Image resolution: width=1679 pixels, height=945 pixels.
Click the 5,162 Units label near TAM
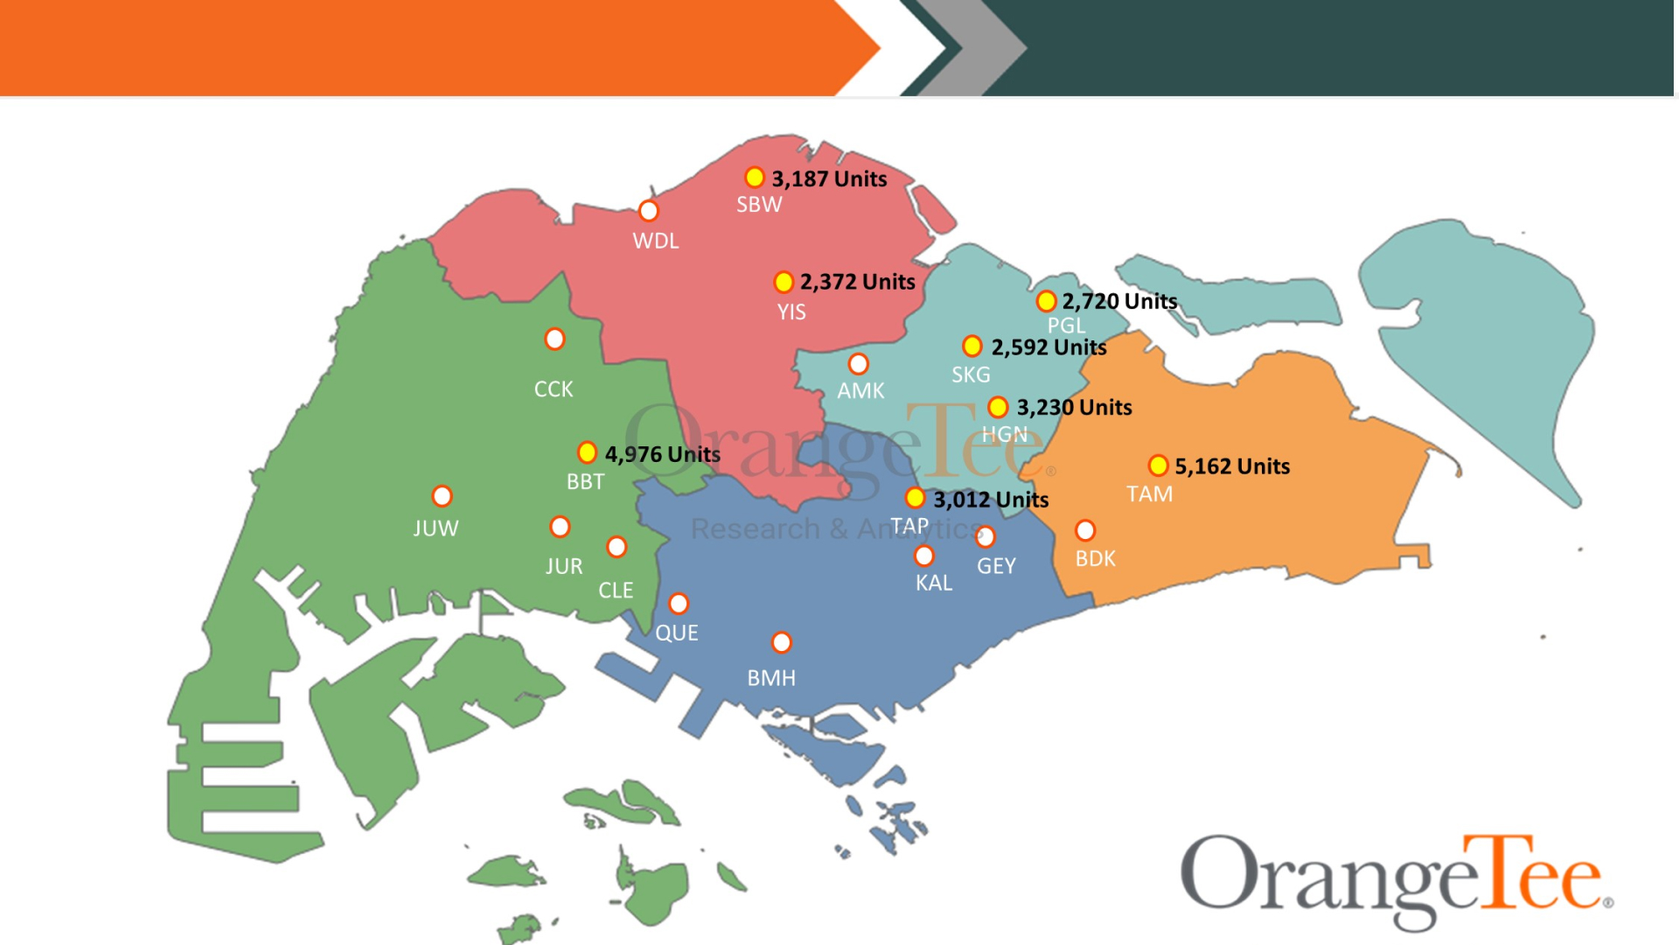pos(1231,466)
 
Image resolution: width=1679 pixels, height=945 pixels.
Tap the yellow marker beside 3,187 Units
pos(754,178)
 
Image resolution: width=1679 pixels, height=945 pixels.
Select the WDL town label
pos(655,241)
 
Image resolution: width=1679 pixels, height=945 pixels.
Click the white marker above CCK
pos(554,339)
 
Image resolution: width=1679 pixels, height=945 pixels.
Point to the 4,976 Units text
pos(662,454)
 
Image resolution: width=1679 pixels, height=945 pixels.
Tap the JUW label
pos(435,528)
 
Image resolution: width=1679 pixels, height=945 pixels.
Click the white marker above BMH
pos(781,642)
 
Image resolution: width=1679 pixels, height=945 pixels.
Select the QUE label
pos(676,633)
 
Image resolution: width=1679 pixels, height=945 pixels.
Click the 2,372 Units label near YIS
pos(857,282)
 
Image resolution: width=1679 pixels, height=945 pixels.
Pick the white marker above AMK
pos(858,363)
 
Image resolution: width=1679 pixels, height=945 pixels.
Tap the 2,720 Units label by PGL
pos(1119,301)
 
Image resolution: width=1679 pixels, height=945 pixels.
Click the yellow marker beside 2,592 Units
pos(972,346)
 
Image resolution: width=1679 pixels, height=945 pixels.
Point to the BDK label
pos(1095,558)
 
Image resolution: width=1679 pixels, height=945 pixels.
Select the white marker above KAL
pos(923,556)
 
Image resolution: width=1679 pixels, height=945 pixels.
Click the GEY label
pos(996,566)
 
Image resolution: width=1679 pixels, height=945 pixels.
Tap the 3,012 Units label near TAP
pos(990,500)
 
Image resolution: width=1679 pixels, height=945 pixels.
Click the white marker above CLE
pos(617,547)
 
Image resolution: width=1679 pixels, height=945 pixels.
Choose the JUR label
pos(563,566)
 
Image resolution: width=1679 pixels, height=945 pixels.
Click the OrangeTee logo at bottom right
pos(1396,879)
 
